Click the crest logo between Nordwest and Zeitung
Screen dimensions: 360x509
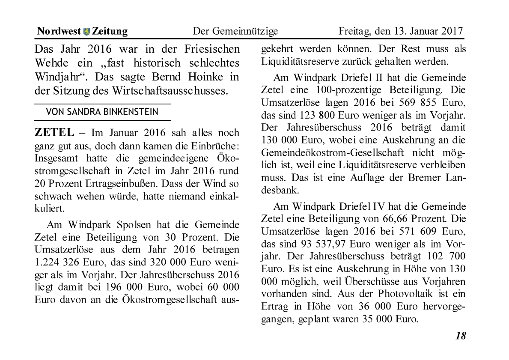[87, 31]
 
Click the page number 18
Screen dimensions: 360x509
[460, 336]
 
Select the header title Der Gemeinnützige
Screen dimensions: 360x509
[235, 31]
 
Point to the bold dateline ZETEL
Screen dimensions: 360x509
[54, 133]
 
